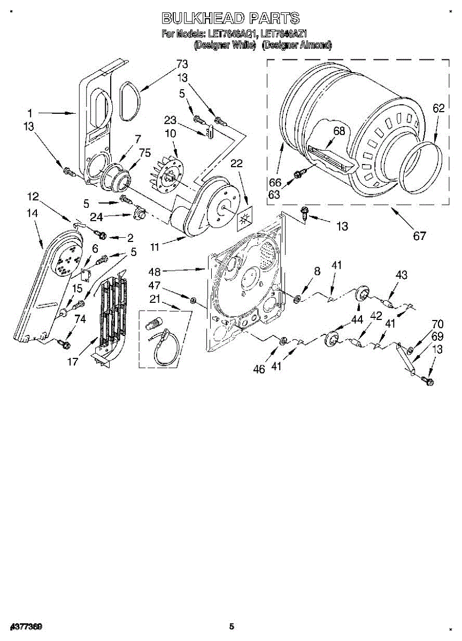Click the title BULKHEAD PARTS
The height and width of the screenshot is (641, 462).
coord(230,19)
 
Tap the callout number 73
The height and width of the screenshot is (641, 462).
coord(182,64)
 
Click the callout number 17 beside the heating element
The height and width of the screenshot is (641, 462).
coord(73,362)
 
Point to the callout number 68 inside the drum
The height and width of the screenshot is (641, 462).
coord(339,130)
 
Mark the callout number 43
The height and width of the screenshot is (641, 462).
coord(401,275)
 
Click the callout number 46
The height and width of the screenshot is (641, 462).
coord(259,369)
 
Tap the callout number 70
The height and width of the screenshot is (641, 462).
coord(437,323)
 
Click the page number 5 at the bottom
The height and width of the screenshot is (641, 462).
coord(231,626)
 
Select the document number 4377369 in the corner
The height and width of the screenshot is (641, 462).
coord(26,626)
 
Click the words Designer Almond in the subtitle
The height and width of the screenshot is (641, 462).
coord(296,45)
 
